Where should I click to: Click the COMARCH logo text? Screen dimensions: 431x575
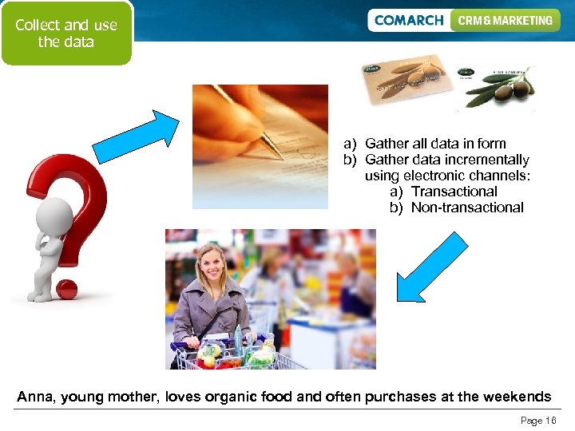coord(408,21)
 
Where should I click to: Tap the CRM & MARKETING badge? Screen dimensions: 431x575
coord(505,21)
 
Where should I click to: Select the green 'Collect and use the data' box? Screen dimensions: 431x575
coord(66,34)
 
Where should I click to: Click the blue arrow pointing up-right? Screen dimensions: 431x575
coord(137,136)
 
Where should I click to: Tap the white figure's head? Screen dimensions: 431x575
coord(54,216)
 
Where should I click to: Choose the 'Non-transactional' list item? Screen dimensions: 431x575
coord(467,208)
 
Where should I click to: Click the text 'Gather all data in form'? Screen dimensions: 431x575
coord(435,144)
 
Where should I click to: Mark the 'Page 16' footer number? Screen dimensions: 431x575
coord(537,421)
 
